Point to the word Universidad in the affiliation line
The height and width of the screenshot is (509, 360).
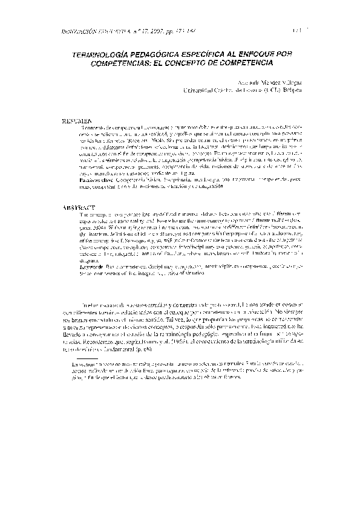[200, 90]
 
